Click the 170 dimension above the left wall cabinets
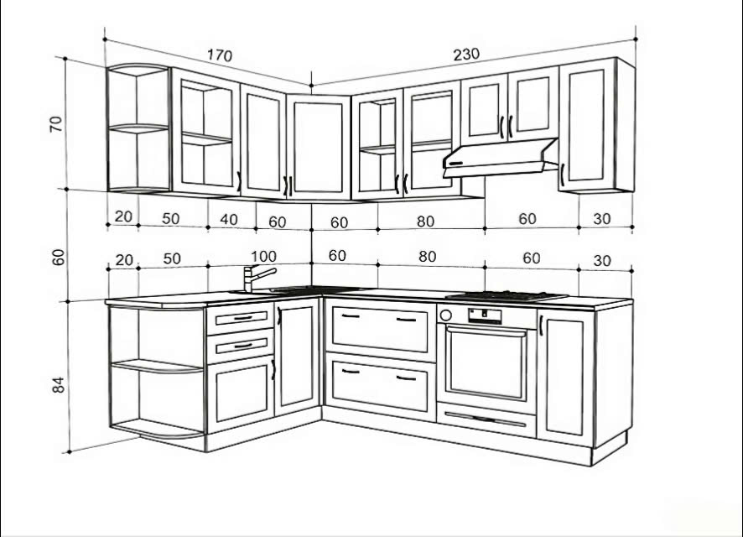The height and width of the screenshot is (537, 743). pos(220,55)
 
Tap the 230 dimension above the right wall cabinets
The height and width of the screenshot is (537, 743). pos(467,55)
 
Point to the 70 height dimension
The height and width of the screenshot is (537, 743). pos(56,123)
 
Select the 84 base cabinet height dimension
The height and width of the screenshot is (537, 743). pos(58,384)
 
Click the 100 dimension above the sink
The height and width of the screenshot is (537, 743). pos(263,257)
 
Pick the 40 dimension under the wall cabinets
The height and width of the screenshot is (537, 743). pos(229,220)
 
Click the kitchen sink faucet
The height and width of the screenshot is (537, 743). pos(257,278)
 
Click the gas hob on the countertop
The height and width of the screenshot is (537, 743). pos(506,297)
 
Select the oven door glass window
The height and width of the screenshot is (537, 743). pos(486,362)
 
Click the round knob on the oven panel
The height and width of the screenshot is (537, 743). pos(445,315)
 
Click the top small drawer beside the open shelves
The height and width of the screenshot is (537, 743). pos(240,318)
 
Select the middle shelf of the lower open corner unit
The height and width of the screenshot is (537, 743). pos(157,366)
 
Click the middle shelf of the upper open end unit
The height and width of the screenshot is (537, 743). pos(138,128)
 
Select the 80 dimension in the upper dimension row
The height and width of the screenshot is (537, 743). pos(425,222)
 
